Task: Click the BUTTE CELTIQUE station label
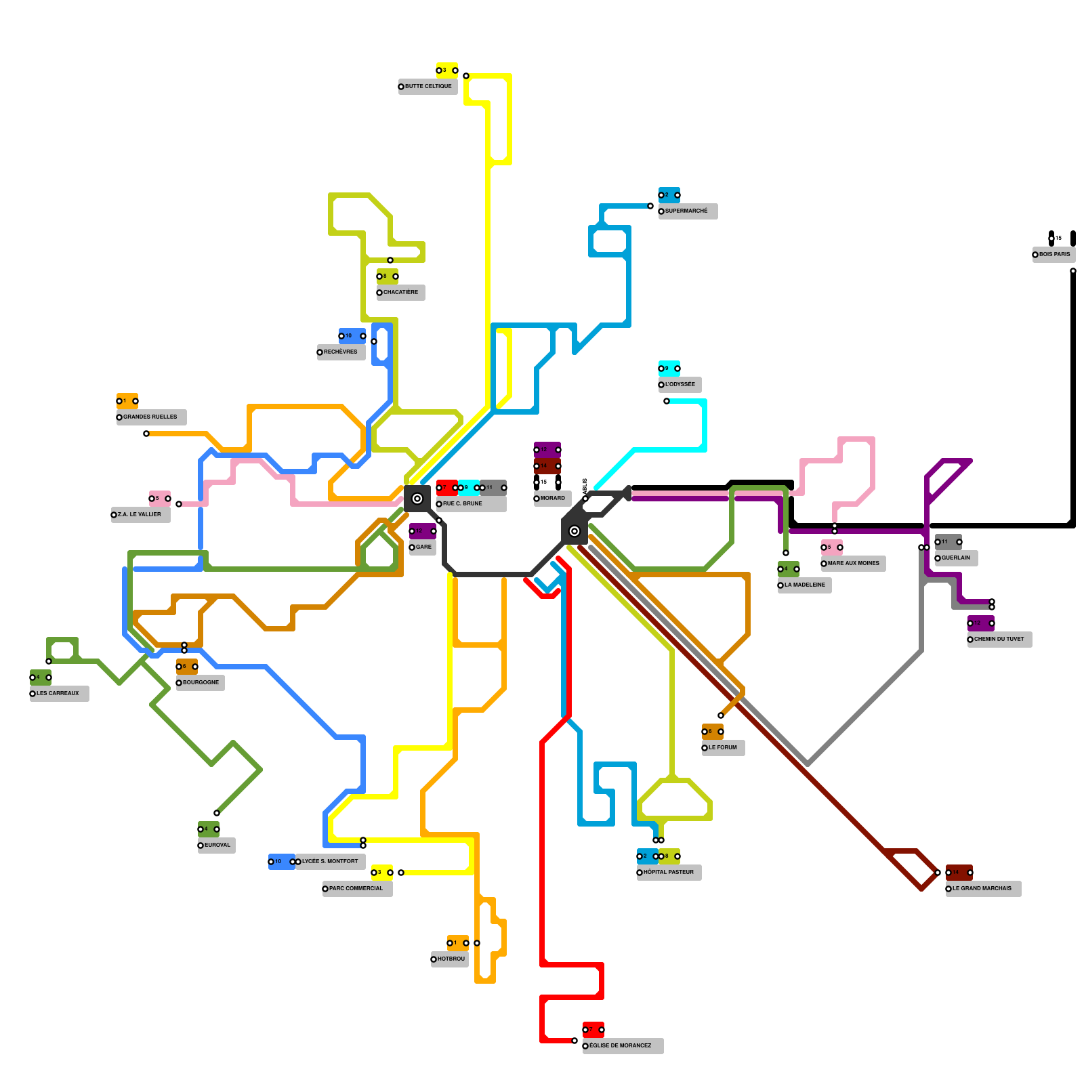[428, 87]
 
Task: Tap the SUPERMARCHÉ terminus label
[687, 211]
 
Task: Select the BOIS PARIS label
[1054, 255]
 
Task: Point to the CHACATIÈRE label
[400, 293]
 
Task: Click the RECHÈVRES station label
[341, 352]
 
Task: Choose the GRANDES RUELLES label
[150, 417]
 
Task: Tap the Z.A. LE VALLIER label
[140, 515]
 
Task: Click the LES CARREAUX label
[58, 694]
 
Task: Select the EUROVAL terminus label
[217, 846]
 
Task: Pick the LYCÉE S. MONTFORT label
[330, 862]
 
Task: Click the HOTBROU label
[451, 959]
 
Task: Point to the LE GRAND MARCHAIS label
[982, 889]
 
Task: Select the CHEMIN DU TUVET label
[999, 640]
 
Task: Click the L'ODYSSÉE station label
[680, 385]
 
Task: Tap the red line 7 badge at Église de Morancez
[593, 1030]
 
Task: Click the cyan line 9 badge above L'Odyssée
[669, 369]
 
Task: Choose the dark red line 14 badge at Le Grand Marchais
[959, 873]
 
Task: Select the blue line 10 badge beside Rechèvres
[352, 336]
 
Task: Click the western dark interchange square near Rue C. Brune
[417, 499]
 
